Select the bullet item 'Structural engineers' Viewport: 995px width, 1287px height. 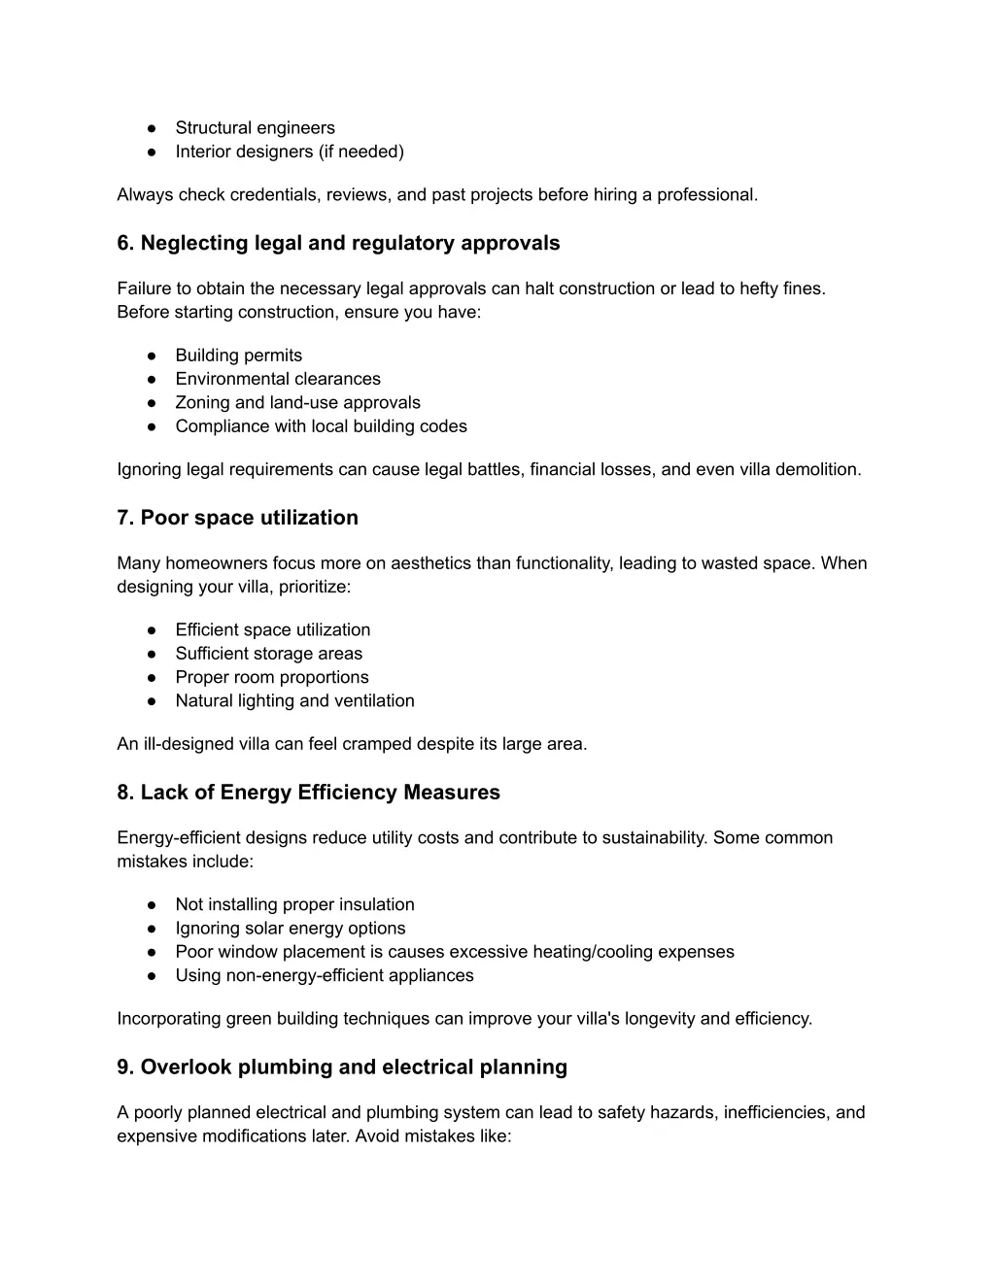[x=255, y=127]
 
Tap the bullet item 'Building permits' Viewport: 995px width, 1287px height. [x=238, y=356]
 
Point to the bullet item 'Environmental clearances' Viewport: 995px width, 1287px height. [x=278, y=379]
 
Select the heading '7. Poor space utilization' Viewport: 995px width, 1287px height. [x=237, y=518]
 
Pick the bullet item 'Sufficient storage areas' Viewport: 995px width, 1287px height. [x=268, y=654]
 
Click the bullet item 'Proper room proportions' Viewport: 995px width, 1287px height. [x=272, y=677]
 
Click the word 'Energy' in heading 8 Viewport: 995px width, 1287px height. [x=256, y=793]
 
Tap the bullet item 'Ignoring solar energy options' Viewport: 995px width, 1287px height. [x=290, y=928]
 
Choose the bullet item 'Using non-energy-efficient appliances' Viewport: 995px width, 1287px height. [x=325, y=975]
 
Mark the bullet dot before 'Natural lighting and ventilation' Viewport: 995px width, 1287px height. [x=153, y=701]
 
